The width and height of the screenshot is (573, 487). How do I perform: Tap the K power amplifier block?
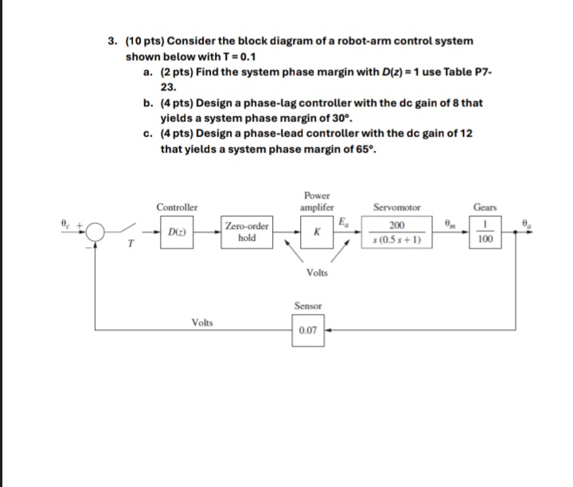click(x=317, y=233)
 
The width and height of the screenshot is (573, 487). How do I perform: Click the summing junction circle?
click(x=96, y=232)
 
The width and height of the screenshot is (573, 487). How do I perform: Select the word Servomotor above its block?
click(x=396, y=208)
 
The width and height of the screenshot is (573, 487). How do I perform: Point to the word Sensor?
click(x=307, y=305)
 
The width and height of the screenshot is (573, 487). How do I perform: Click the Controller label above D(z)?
click(x=177, y=208)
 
